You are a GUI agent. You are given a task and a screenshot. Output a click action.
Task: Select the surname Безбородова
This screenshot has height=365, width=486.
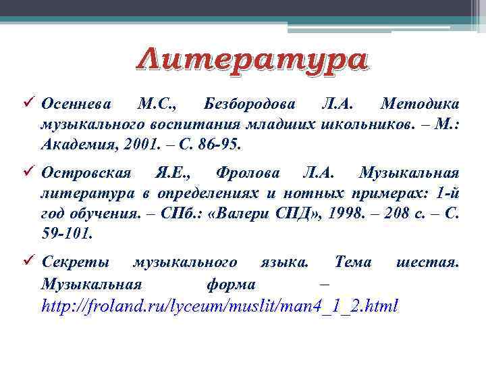pos(248,104)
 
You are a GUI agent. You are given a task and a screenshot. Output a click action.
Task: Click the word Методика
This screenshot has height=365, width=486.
pos(421,104)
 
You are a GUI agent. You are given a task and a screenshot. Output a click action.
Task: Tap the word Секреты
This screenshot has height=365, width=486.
pos(75,262)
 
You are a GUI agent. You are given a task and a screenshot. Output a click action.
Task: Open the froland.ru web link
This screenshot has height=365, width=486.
pos(220,306)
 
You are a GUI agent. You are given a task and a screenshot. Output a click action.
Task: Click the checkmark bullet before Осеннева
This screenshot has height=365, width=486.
pos(28,104)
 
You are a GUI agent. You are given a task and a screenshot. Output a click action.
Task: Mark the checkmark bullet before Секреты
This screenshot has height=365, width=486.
pos(28,262)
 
